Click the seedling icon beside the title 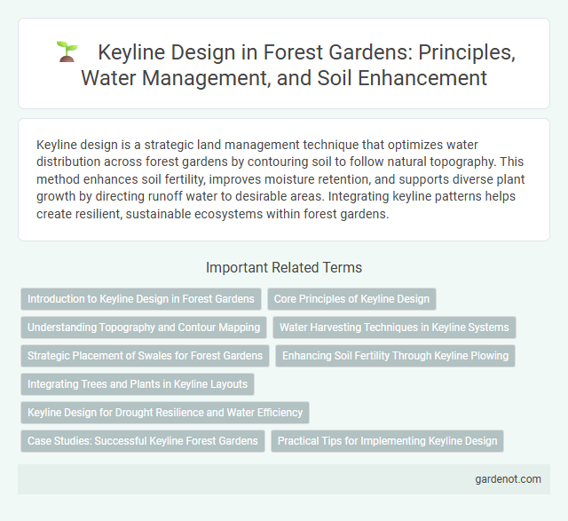(66, 52)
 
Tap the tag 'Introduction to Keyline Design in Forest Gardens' (141, 299)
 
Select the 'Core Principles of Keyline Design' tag (351, 299)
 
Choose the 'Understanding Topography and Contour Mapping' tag (144, 328)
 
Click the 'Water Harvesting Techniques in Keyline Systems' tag (394, 328)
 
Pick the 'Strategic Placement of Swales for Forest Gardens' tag (145, 356)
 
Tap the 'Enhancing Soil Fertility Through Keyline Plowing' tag (396, 356)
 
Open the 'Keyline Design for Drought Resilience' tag (165, 413)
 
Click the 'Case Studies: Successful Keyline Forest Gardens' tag (143, 441)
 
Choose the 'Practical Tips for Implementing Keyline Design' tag (389, 441)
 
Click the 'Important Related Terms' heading (283, 267)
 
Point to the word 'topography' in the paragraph (486, 162)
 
